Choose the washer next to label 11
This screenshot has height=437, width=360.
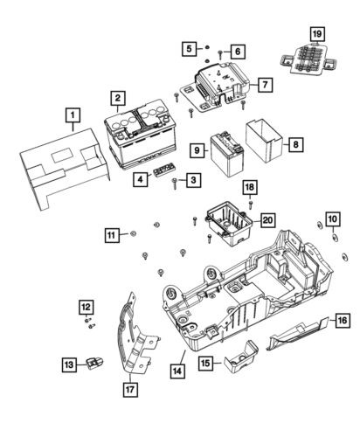131,234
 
